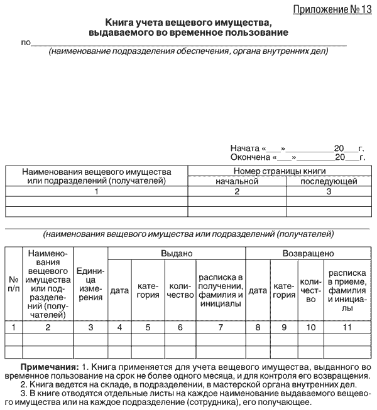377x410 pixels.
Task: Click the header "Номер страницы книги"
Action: pyautogui.click(x=278, y=171)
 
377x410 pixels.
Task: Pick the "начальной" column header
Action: pyautogui.click(x=237, y=181)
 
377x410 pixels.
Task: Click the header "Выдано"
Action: pyautogui.click(x=176, y=254)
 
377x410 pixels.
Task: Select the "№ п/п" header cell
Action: pyautogui.click(x=13, y=286)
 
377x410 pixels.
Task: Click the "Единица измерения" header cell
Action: pyautogui.click(x=90, y=285)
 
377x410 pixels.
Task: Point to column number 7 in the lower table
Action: pyautogui.click(x=220, y=327)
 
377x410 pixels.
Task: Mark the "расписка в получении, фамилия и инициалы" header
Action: pyautogui.click(x=220, y=290)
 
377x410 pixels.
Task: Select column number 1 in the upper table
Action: pyautogui.click(x=96, y=191)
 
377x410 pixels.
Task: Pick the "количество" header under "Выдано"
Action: pyautogui.click(x=180, y=290)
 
